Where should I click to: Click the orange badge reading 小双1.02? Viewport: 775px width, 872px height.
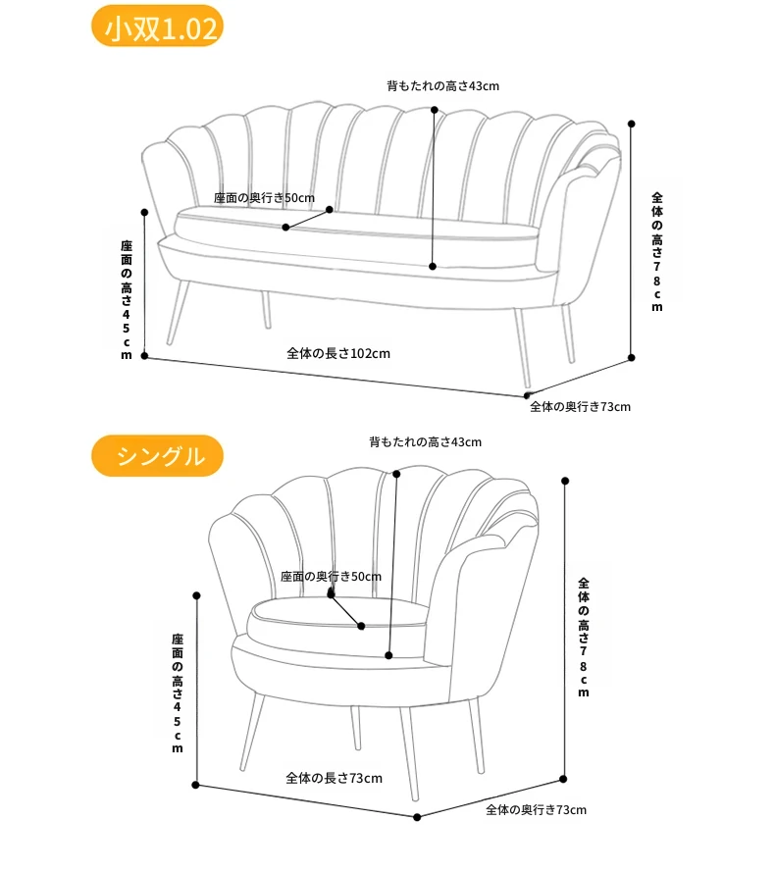coord(157,26)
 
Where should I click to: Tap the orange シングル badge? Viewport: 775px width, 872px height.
coord(157,456)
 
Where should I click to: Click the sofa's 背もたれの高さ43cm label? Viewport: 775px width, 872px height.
coord(442,86)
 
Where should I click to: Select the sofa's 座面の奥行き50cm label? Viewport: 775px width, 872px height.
coord(264,198)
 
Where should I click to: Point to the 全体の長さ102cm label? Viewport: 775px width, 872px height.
coord(338,353)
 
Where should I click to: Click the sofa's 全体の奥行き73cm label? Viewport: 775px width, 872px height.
coord(581,406)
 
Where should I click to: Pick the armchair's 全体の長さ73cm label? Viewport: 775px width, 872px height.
coord(334,778)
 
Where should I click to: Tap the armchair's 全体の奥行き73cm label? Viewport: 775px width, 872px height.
coord(537,810)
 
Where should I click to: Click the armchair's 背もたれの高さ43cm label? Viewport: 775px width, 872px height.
coord(426,442)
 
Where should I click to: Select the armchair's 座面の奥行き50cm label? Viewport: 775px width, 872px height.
coord(331,577)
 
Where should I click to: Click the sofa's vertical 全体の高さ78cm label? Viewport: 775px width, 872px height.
coord(657,252)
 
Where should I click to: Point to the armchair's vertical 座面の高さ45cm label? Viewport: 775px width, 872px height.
coord(178,692)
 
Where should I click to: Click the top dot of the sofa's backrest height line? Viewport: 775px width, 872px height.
coord(435,110)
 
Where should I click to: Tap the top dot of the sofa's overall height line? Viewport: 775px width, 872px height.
coord(632,124)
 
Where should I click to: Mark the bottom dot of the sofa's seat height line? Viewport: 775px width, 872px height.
coord(144,355)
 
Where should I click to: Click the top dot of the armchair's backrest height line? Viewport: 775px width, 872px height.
coord(396,474)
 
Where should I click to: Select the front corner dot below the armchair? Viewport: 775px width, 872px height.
coord(417,817)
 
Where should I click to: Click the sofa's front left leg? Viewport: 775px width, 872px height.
coord(178,313)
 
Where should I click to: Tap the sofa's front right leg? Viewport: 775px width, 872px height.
coord(522,347)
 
